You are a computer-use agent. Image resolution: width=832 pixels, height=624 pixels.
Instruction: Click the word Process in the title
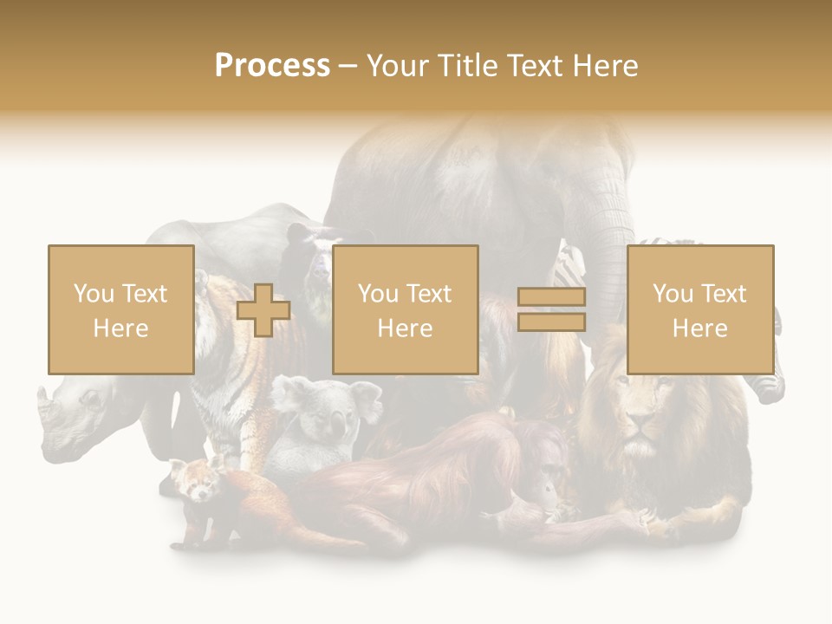(272, 66)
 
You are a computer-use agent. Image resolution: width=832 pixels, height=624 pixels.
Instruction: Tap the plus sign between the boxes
(263, 310)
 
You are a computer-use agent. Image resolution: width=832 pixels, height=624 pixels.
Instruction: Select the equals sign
(551, 309)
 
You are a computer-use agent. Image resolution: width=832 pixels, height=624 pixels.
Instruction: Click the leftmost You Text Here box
(120, 309)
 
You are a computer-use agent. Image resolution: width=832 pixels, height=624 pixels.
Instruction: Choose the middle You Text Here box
(405, 309)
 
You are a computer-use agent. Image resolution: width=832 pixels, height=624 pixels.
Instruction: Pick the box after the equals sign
(699, 309)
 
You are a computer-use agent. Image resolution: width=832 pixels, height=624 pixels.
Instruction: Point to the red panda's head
(196, 481)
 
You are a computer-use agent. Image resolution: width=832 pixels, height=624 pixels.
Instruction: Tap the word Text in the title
(529, 66)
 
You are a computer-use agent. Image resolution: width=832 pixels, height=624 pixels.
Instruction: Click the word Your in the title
(398, 66)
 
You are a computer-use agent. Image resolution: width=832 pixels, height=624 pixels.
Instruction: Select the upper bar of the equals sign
(551, 297)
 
